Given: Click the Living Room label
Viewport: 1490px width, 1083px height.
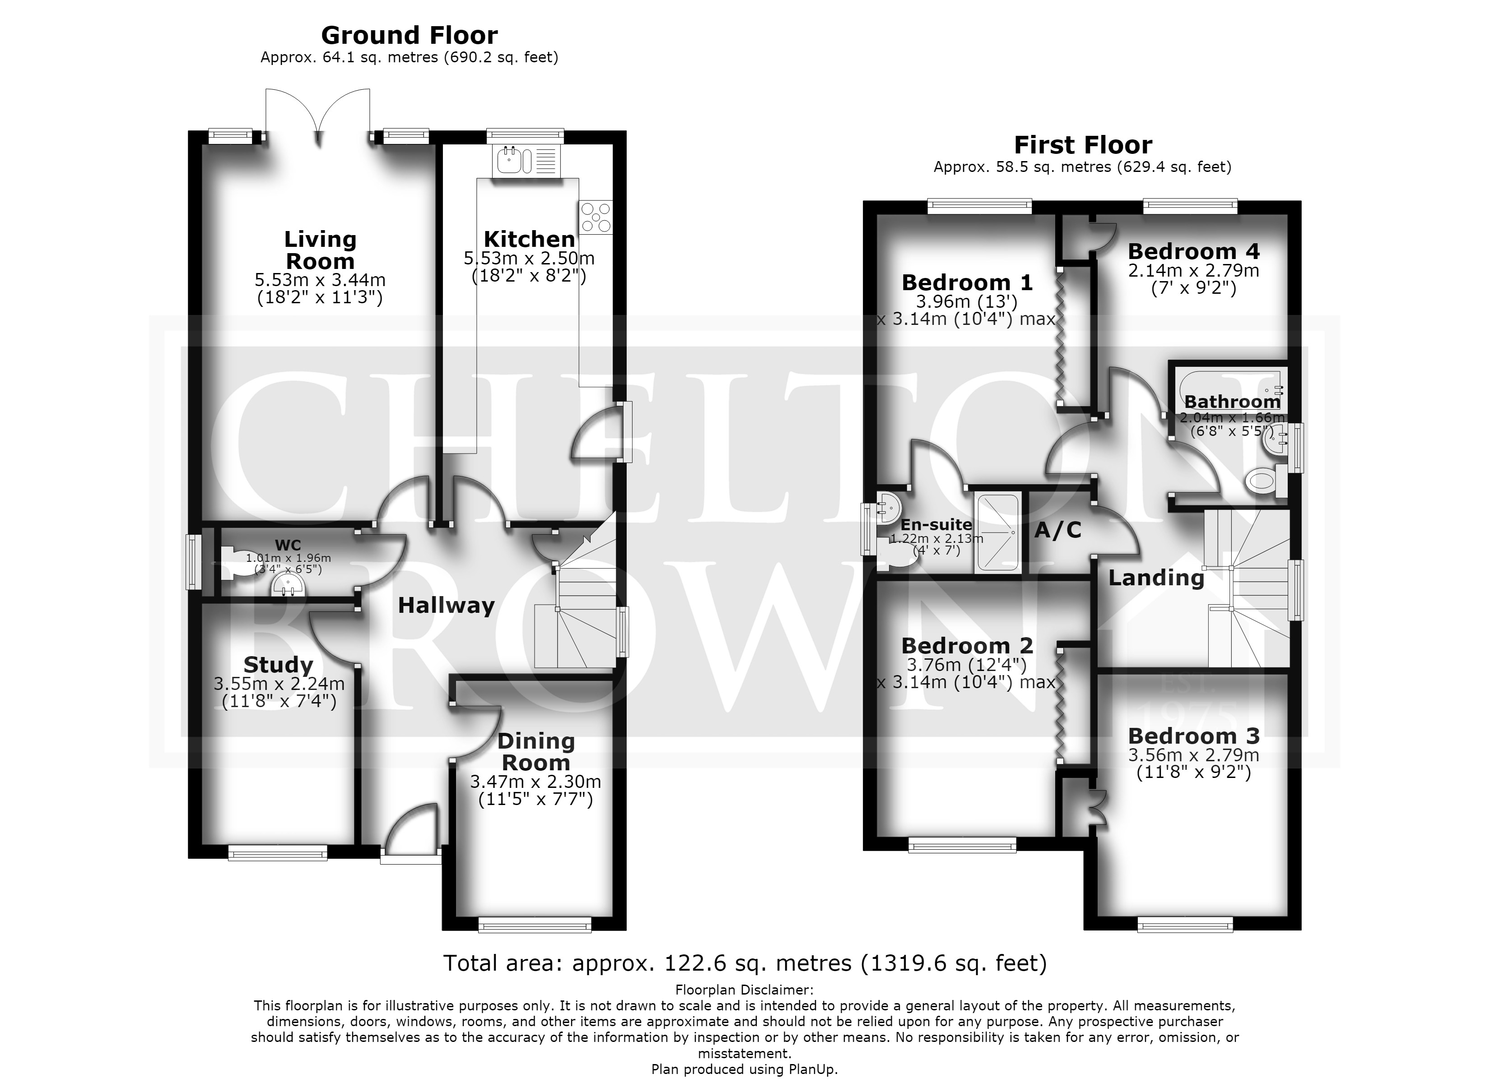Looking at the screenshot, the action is point(320,250).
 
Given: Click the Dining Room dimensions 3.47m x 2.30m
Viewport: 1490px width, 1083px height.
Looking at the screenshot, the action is point(535,782).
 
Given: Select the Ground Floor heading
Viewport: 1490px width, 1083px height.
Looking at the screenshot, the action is point(409,35).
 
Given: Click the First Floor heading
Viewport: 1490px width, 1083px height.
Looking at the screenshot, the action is point(1083,144).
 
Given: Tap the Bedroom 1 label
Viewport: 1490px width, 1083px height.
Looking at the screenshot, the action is point(967,282).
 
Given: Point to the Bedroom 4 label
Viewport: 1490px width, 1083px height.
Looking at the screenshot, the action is point(1194,251).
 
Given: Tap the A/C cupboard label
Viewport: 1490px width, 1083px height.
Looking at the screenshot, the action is point(1058,530).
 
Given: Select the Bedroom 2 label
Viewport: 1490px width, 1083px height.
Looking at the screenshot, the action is point(967,646).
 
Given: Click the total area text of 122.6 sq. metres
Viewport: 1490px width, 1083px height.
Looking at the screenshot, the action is point(745,963).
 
